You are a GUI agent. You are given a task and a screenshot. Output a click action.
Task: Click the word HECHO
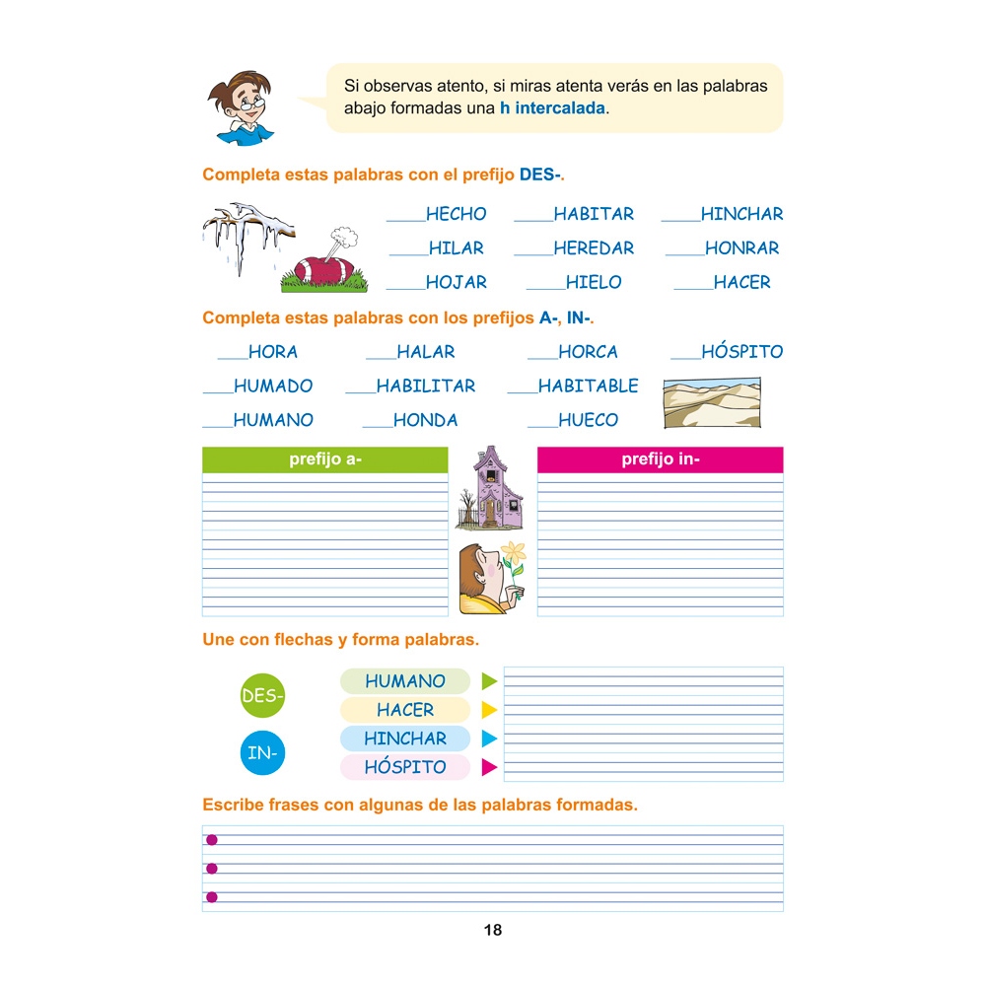pyautogui.click(x=456, y=214)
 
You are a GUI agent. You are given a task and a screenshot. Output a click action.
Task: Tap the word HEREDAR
pyautogui.click(x=594, y=248)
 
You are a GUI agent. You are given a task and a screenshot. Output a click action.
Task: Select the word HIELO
pyautogui.click(x=594, y=282)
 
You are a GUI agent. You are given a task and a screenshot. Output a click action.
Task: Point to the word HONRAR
pyautogui.click(x=741, y=248)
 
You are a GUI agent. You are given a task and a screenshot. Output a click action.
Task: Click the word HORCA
pyautogui.click(x=588, y=352)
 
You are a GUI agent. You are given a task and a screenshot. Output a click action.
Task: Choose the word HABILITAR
pyautogui.click(x=425, y=387)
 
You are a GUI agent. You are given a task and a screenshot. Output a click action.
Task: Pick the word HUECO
pyautogui.click(x=588, y=420)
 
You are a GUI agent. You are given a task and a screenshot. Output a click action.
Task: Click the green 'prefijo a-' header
pyautogui.click(x=325, y=459)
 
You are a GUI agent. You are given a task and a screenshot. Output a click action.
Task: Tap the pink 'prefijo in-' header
pyautogui.click(x=661, y=459)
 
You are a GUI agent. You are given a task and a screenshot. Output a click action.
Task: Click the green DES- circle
pyautogui.click(x=262, y=696)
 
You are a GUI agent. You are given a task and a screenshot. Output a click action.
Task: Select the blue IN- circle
pyautogui.click(x=262, y=753)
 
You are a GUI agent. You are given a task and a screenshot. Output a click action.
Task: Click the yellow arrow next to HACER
pyautogui.click(x=489, y=710)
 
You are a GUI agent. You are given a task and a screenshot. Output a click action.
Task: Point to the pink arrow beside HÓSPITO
pyautogui.click(x=489, y=767)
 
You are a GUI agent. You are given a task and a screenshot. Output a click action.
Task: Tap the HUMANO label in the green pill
pyautogui.click(x=405, y=681)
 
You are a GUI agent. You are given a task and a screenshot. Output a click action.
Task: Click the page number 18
pyautogui.click(x=493, y=930)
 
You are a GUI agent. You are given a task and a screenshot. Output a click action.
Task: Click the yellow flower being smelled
pyautogui.click(x=513, y=554)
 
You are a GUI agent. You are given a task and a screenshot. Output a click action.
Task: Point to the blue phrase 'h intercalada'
pyautogui.click(x=553, y=108)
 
